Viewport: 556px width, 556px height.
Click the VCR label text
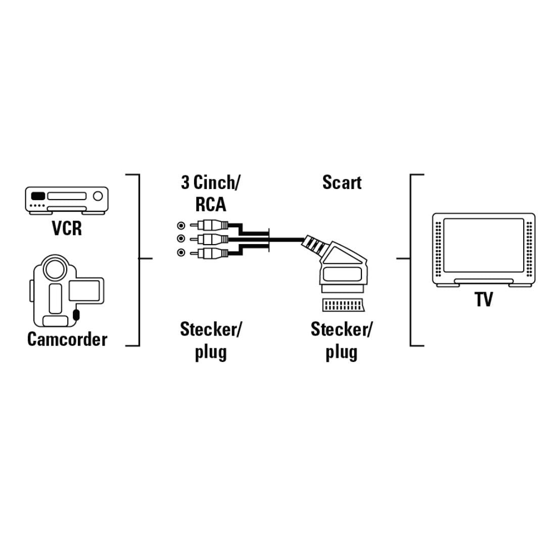click(67, 228)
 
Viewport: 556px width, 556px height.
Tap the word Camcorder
click(67, 339)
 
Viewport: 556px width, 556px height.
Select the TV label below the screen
click(483, 299)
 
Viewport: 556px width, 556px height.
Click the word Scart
click(342, 182)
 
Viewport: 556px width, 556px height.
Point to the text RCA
click(210, 204)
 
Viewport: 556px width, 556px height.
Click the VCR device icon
click(67, 200)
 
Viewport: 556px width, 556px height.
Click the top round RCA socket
click(180, 225)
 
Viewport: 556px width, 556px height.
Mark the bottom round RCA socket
click(180, 252)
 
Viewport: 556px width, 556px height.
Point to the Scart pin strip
click(342, 305)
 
